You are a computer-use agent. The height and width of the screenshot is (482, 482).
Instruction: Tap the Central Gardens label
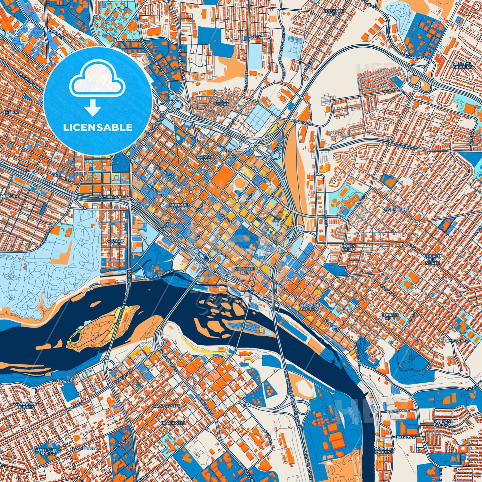click(462, 65)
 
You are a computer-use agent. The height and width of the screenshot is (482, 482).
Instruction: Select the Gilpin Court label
click(221, 102)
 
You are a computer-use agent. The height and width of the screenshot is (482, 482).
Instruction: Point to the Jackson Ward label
click(205, 158)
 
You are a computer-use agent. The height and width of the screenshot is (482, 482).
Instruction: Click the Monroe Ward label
click(179, 206)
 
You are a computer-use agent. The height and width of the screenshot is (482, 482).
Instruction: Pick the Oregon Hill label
click(116, 242)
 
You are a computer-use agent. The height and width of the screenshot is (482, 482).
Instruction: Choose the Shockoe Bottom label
click(310, 307)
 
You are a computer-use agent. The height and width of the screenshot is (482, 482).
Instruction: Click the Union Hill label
click(349, 248)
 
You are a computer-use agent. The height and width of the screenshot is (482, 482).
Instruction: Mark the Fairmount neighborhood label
click(396, 209)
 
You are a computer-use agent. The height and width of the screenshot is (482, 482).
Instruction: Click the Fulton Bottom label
click(442, 423)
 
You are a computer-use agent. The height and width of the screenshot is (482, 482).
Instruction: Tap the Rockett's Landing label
click(384, 450)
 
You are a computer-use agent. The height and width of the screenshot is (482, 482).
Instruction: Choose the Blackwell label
click(173, 423)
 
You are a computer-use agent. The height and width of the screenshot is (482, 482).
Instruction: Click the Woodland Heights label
click(26, 405)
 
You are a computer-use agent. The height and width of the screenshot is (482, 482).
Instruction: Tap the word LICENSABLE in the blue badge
click(98, 127)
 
